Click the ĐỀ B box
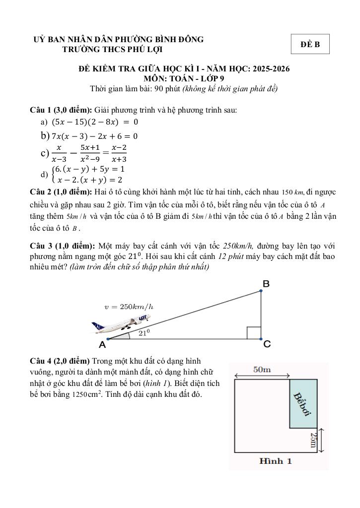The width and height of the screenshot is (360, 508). [x=310, y=45]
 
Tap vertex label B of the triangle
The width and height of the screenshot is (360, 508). [x=266, y=284]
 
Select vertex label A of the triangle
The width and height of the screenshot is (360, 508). [x=102, y=344]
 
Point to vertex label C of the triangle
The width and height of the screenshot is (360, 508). [x=267, y=345]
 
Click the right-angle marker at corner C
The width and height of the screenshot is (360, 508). [x=253, y=332]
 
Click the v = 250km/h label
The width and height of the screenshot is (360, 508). [x=129, y=307]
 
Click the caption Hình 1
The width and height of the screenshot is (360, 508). [x=276, y=461]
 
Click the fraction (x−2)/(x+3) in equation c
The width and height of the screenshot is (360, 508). [x=119, y=153]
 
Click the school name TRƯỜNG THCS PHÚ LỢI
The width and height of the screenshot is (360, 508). [x=112, y=49]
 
